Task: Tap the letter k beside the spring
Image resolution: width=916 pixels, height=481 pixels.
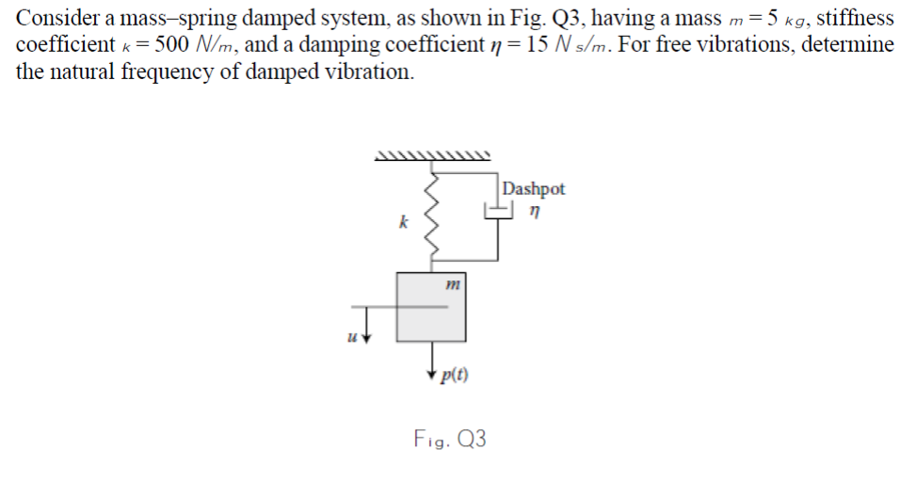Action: click(x=403, y=223)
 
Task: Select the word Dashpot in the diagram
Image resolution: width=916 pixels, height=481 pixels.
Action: click(x=534, y=188)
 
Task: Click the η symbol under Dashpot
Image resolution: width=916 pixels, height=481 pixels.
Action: click(x=535, y=213)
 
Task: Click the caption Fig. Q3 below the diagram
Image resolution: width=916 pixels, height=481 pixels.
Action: click(x=450, y=438)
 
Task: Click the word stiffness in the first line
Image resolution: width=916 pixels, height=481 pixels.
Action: click(x=855, y=17)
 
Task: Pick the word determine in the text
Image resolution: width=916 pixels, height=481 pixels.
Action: click(x=846, y=45)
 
